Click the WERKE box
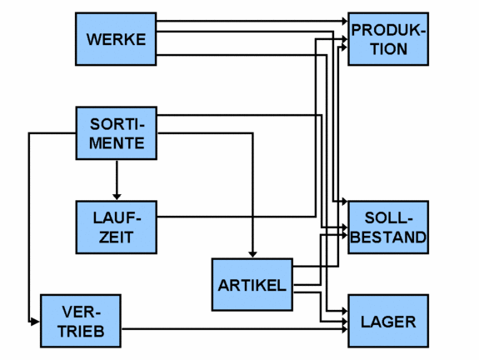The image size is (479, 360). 116,39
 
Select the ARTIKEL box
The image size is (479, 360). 252,284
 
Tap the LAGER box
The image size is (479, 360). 388,321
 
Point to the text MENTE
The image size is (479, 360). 117,142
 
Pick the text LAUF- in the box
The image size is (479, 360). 116,218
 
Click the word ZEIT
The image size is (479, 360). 116,237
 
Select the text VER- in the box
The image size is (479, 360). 81,312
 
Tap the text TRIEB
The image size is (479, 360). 81,330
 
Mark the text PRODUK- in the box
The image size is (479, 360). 388,31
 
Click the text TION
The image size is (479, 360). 388,48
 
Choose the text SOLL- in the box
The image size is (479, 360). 388,218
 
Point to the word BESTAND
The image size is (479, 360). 388,237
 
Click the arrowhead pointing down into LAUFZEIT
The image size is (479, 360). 117,196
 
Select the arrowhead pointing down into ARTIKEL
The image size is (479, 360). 252,253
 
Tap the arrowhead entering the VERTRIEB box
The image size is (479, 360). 35,321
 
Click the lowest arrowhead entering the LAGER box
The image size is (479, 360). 342,330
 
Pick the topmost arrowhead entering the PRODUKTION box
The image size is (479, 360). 342,20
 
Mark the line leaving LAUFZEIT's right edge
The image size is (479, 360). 233,217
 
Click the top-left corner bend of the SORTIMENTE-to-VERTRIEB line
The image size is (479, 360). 29,133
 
